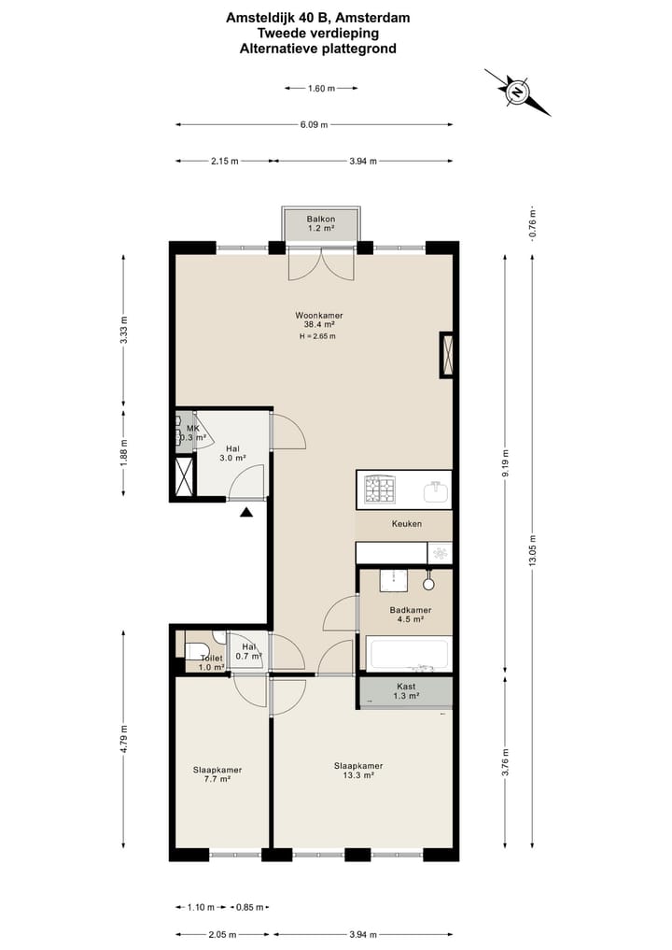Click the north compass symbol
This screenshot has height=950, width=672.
tap(518, 92)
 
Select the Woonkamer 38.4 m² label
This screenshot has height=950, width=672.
tap(319, 319)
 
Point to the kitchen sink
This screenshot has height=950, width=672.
tap(436, 491)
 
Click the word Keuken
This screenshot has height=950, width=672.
tap(407, 523)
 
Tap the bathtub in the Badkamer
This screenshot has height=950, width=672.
tap(409, 654)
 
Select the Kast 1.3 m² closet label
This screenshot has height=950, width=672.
tap(406, 691)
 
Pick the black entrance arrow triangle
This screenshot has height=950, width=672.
tap(245, 513)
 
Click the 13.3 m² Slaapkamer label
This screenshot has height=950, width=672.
tap(358, 770)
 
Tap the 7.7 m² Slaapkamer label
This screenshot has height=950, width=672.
tap(217, 774)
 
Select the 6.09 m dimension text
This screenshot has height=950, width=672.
tap(315, 125)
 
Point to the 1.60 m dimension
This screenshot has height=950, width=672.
tap(321, 89)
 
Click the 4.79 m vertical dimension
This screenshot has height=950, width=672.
tap(124, 739)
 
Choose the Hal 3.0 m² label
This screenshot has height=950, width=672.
tap(232, 454)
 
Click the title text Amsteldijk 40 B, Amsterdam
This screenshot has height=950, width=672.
tap(318, 18)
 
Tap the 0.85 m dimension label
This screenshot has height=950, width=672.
tap(249, 907)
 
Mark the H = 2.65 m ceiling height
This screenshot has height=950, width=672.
tap(317, 336)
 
